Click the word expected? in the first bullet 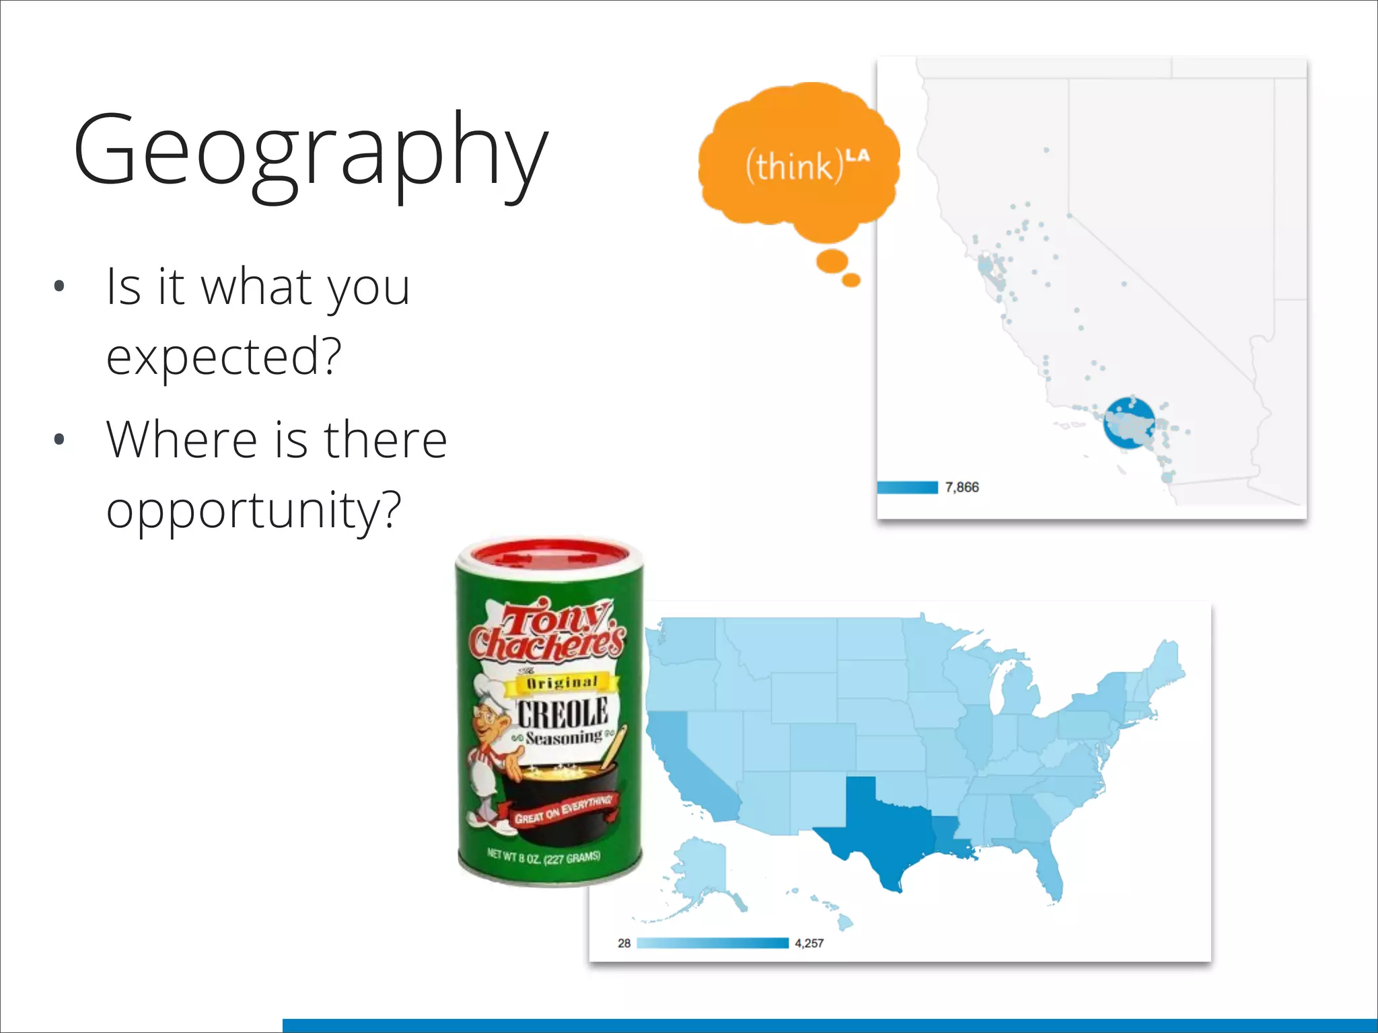click(x=224, y=357)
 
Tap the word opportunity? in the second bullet click(x=254, y=510)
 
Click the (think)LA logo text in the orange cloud click(x=805, y=165)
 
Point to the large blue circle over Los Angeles click(x=1129, y=422)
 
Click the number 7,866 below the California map click(x=962, y=488)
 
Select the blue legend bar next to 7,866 click(x=907, y=488)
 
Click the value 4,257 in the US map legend click(x=809, y=944)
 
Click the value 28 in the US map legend click(x=624, y=944)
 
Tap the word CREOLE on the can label click(x=563, y=713)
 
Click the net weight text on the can click(x=544, y=857)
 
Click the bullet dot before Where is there click(x=59, y=440)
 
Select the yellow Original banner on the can click(x=563, y=683)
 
